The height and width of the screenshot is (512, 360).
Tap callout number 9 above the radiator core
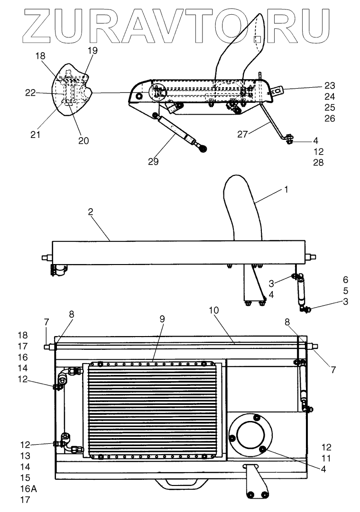(x=162, y=319)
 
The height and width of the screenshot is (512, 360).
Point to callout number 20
(x=83, y=140)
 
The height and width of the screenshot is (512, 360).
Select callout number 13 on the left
(x=25, y=456)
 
